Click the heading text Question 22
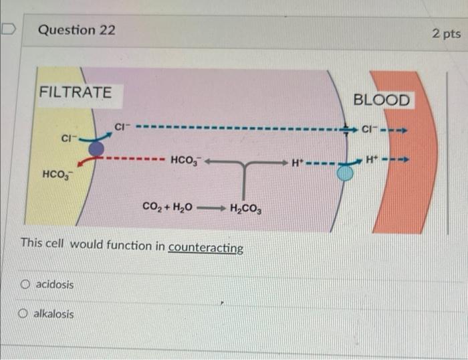click(x=76, y=30)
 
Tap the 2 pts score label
click(x=446, y=33)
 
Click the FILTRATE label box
click(x=76, y=92)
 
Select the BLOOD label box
click(x=381, y=100)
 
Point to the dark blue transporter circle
click(x=96, y=147)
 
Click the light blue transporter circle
click(x=344, y=173)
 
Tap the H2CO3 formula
click(x=245, y=207)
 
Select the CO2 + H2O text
click(x=168, y=207)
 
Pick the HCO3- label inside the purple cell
click(x=185, y=161)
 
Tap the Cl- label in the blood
click(x=372, y=128)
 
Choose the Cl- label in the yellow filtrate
click(x=68, y=139)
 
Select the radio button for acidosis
click(x=25, y=285)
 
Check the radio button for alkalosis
click(x=25, y=314)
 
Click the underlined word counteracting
click(x=206, y=248)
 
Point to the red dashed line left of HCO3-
click(x=134, y=160)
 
